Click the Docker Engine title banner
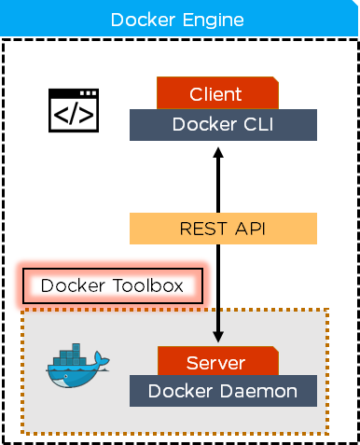179,18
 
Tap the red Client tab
217,93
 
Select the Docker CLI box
223,125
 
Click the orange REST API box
223,229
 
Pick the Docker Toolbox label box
113,285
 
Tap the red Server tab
218,361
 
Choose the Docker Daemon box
223,391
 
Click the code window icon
74,110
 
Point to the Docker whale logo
77,366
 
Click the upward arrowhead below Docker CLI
218,152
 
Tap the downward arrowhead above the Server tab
218,337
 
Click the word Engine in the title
213,21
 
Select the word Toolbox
148,285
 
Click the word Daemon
258,391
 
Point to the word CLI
258,124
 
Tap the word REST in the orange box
203,229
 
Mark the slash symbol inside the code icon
74,115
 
